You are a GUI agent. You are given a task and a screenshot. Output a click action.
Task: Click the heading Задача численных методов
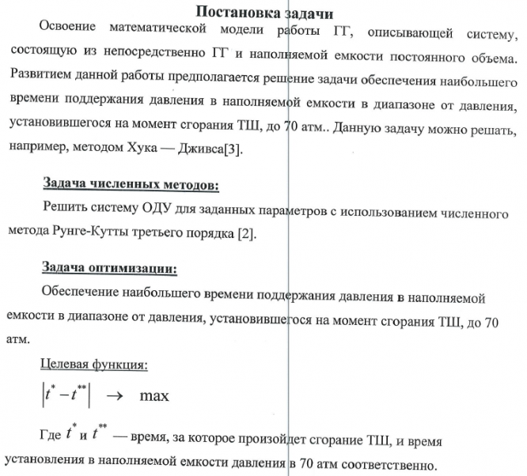tap(130, 187)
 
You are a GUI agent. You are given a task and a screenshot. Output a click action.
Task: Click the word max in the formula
tap(154, 394)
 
